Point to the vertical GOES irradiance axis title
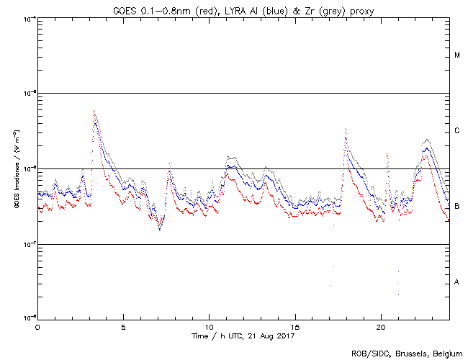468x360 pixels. click(16, 168)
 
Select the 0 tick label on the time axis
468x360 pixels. click(37, 327)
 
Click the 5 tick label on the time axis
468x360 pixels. click(123, 327)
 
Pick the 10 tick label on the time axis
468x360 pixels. click(209, 327)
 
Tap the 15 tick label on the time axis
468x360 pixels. click(295, 327)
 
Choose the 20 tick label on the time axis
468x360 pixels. click(381, 327)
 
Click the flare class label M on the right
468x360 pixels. click(457, 55)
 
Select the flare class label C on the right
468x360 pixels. click(457, 131)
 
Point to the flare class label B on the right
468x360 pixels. click(457, 207)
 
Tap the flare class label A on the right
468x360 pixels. click(457, 282)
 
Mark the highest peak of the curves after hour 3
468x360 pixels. click(94, 111)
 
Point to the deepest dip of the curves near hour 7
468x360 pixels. click(160, 229)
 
